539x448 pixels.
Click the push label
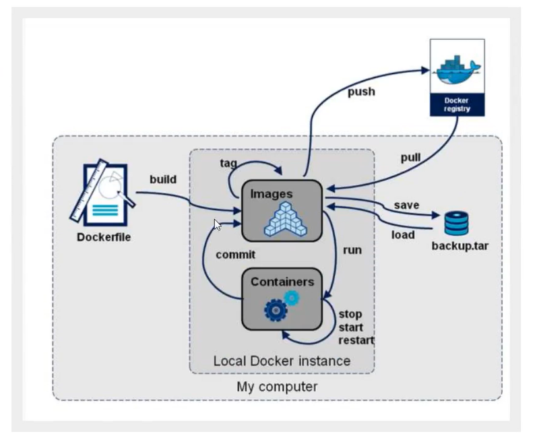361,91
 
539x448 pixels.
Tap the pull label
410,158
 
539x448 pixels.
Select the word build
163,179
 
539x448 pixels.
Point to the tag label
228,163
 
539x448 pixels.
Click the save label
406,204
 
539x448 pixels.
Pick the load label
403,235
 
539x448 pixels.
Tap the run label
352,250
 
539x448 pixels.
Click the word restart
356,340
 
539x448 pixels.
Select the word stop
350,314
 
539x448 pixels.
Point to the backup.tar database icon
457,223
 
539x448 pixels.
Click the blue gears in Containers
281,306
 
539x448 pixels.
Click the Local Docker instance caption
282,361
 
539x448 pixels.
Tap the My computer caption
277,387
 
